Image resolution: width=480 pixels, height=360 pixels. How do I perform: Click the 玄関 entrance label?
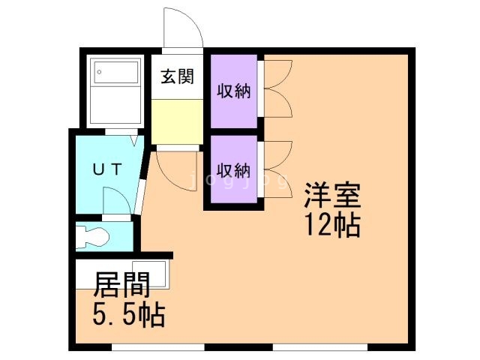pyautogui.click(x=178, y=76)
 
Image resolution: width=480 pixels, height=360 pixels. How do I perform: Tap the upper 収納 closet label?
pyautogui.click(x=234, y=91)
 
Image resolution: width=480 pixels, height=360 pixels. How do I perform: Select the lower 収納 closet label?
pyautogui.click(x=234, y=170)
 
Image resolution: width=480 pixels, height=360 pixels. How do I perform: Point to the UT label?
pyautogui.click(x=108, y=169)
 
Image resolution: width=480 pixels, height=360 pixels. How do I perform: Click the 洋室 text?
pyautogui.click(x=332, y=195)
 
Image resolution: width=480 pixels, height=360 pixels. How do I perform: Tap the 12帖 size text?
pyautogui.click(x=332, y=225)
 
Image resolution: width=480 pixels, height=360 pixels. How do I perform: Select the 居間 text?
pyautogui.click(x=121, y=285)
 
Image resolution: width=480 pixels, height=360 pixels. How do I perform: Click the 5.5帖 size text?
pyautogui.click(x=129, y=315)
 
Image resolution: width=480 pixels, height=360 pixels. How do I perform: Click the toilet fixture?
pyautogui.click(x=92, y=235)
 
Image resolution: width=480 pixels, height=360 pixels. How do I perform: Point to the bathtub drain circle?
pyautogui.click(x=99, y=72)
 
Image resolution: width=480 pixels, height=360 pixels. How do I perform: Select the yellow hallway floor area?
pyautogui.click(x=177, y=121)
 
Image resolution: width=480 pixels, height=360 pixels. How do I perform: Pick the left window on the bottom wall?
pyautogui.click(x=158, y=347)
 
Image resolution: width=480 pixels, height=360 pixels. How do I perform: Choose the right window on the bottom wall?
pyautogui.click(x=320, y=347)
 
